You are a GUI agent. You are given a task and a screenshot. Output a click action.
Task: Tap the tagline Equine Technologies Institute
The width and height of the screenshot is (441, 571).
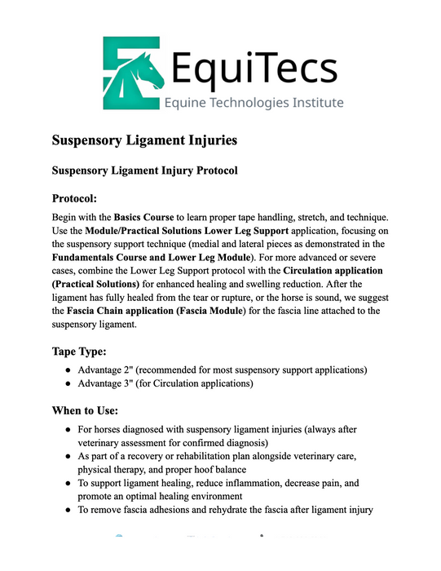pyautogui.click(x=254, y=104)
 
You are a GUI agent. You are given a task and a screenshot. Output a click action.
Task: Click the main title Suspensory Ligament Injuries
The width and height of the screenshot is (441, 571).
pyautogui.click(x=145, y=140)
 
